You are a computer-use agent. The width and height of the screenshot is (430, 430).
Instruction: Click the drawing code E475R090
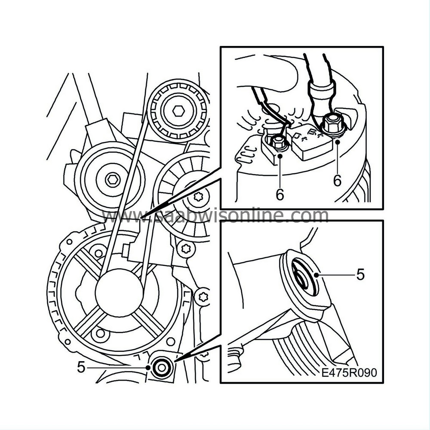[349, 372]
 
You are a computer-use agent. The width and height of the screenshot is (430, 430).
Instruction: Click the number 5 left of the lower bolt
[81, 366]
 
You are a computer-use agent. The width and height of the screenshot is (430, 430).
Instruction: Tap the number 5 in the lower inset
[360, 274]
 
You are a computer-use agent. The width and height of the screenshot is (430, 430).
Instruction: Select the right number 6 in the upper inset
[337, 181]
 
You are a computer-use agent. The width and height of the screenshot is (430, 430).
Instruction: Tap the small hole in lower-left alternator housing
[101, 333]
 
